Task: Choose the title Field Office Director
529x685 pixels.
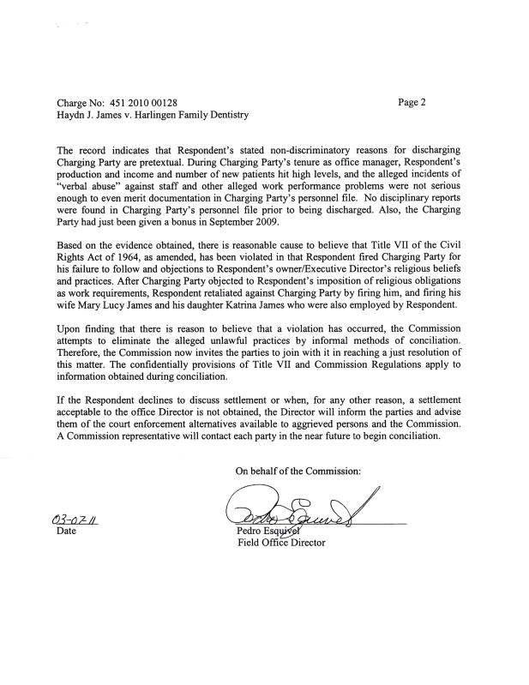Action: (x=281, y=543)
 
